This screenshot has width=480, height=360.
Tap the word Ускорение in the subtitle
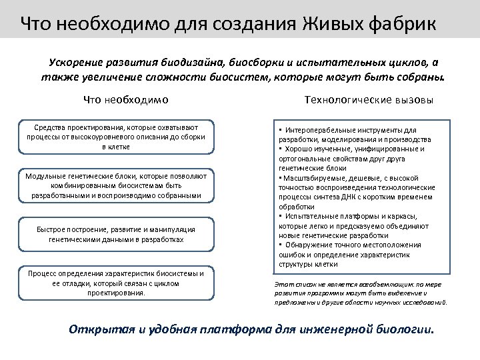click(x=76, y=63)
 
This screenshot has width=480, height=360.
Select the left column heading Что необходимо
click(x=125, y=100)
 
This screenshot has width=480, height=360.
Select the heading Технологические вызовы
click(x=368, y=100)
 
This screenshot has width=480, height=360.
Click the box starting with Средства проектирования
click(x=116, y=136)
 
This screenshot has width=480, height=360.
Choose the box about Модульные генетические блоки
click(x=116, y=185)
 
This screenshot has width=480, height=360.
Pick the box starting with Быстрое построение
click(x=116, y=234)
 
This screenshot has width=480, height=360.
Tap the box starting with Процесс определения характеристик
click(x=116, y=283)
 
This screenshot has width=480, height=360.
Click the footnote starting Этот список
click(x=360, y=293)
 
